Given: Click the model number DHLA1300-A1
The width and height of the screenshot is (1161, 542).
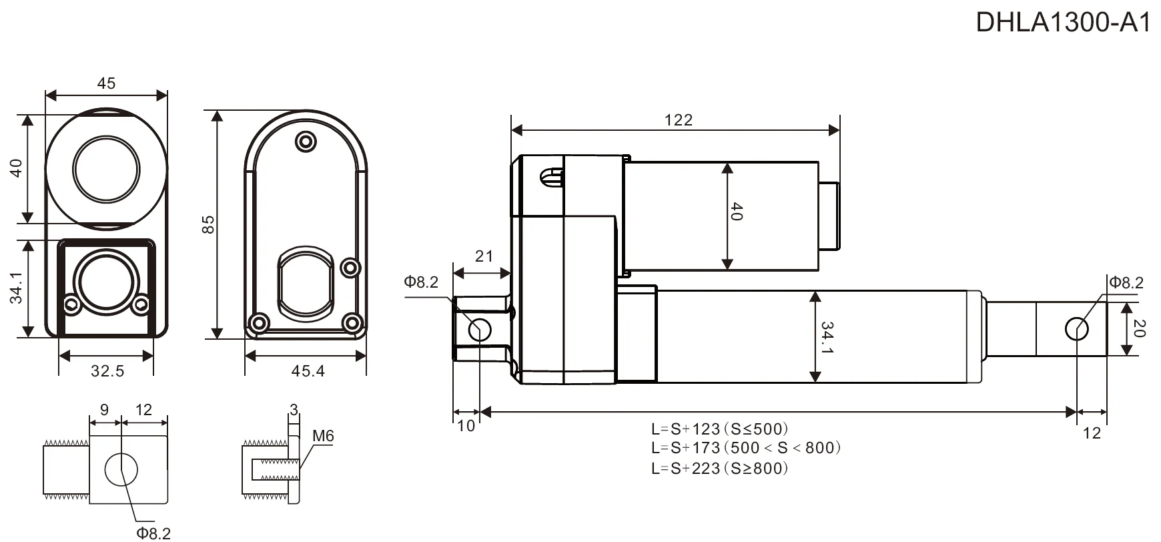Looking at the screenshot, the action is (x=1064, y=23).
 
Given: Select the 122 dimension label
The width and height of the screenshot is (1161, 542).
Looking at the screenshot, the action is (x=679, y=120).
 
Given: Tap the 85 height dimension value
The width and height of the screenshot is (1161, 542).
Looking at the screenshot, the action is (x=208, y=224).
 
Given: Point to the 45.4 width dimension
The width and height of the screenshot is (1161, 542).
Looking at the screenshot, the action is (x=308, y=370).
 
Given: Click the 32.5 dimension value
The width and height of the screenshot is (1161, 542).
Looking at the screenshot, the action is (x=107, y=370).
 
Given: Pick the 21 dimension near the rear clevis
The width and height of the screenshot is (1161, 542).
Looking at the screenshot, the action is (x=484, y=256).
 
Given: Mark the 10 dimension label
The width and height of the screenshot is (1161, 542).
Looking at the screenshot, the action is (x=466, y=426).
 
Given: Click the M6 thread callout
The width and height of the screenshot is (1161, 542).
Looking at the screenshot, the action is (x=323, y=436).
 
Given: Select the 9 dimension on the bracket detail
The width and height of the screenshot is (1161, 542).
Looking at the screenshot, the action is (x=104, y=410).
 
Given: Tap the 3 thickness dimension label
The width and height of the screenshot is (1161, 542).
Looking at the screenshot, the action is (x=294, y=410).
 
